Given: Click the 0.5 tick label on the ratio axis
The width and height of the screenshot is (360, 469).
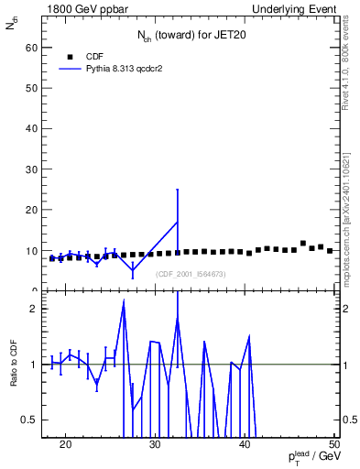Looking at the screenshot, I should point(30,420).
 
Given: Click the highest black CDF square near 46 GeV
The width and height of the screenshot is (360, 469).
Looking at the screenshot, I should point(303,243).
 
